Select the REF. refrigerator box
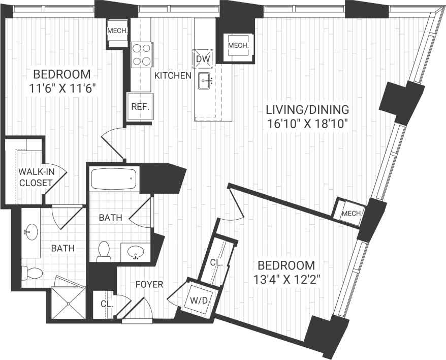140,107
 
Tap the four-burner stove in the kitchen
142,54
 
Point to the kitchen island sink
205,80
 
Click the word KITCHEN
173,76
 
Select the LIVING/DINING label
307,109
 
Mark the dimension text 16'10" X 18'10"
307,124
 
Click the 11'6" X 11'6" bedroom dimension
63,88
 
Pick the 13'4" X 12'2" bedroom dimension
286,280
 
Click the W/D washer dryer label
198,301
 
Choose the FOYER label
149,284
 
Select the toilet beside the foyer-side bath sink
104,251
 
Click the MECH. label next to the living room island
238,46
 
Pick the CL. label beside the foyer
106,304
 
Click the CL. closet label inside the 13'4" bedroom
216,263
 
